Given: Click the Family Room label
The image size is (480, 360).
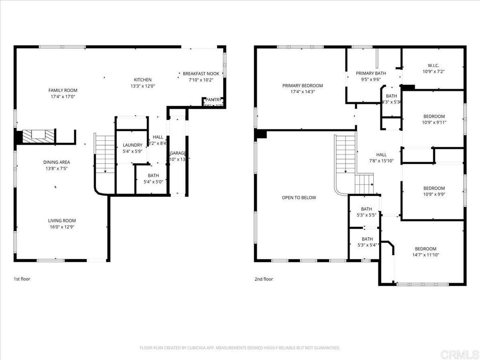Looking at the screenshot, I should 63,90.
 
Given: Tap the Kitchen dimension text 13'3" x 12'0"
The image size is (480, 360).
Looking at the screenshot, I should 142,86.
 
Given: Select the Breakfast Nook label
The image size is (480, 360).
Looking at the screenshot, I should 201,74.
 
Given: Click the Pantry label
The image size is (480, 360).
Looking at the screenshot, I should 213,100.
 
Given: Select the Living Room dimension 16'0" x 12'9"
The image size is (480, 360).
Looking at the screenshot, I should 61,227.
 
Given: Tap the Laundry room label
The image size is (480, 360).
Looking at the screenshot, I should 132,145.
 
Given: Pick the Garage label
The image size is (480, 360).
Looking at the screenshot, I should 178,153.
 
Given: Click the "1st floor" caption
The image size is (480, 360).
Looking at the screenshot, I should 22,279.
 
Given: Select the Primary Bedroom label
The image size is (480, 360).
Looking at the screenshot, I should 302,86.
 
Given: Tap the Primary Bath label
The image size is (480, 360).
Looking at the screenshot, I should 371,73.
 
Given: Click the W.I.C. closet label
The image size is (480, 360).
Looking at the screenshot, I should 434,66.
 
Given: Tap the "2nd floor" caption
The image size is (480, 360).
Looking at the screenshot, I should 263,279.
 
